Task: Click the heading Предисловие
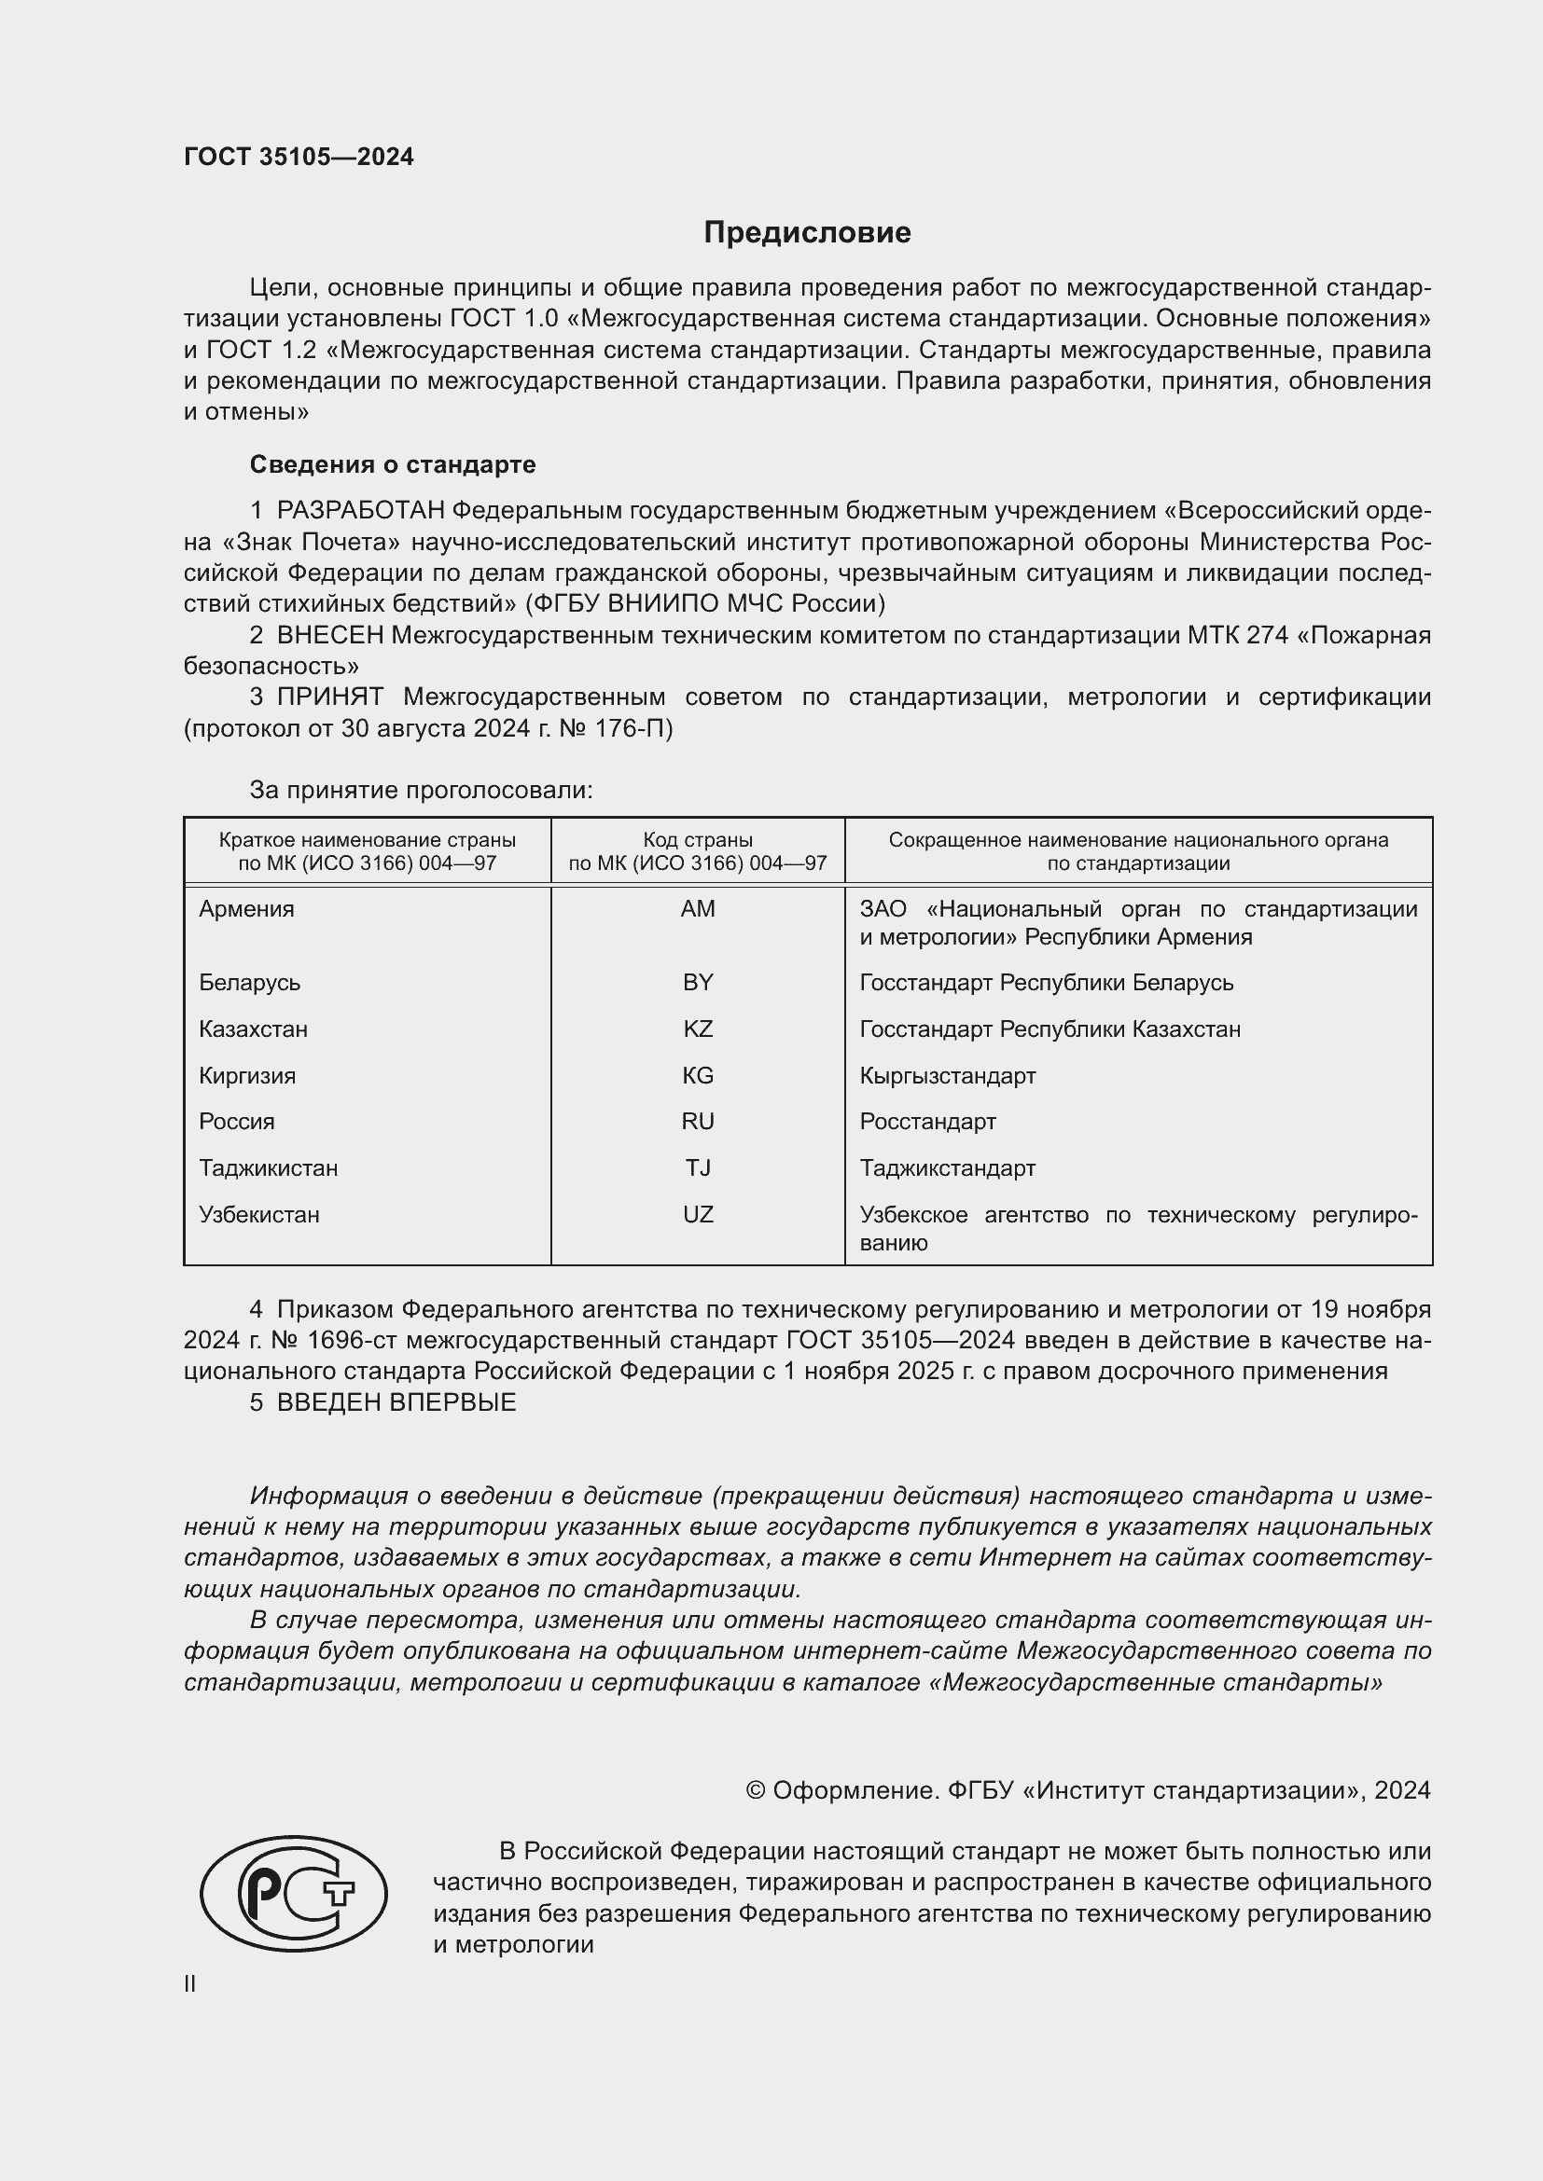[x=807, y=233]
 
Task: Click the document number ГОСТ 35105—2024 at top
[x=299, y=157]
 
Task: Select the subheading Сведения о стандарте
[x=393, y=464]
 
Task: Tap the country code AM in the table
[x=698, y=909]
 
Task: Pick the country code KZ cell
[x=698, y=1028]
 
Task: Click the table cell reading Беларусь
[x=250, y=982]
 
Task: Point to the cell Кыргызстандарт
[x=947, y=1075]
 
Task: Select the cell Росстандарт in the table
[x=927, y=1121]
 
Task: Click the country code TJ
[x=698, y=1167]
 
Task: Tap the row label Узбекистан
[x=259, y=1214]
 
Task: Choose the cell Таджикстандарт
[x=947, y=1167]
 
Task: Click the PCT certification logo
[x=294, y=1894]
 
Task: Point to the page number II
[x=190, y=1984]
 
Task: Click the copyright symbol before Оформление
[x=756, y=1790]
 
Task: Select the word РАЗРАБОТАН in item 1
[x=361, y=511]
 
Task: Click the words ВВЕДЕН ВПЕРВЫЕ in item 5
[x=396, y=1402]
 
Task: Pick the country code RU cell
[x=698, y=1121]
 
